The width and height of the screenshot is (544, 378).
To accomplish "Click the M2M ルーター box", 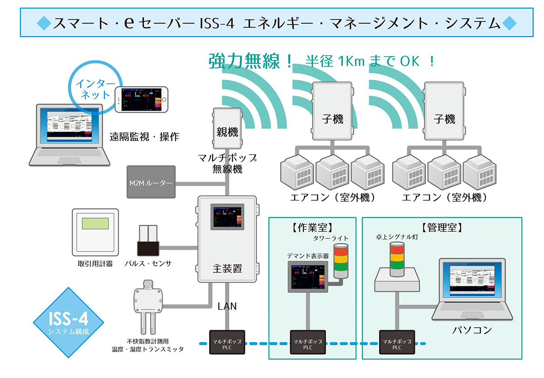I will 151,184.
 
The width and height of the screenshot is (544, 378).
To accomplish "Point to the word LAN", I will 227,306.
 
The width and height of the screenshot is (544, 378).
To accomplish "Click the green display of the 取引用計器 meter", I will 95,224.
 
